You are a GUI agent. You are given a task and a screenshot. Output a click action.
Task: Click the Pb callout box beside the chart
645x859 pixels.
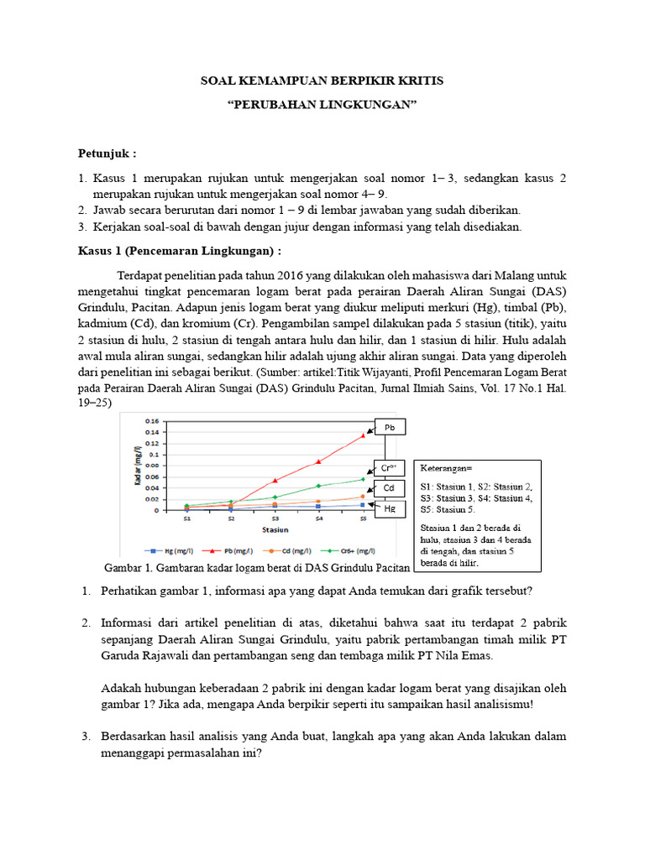click(x=389, y=428)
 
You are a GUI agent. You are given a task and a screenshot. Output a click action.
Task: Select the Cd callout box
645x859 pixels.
click(x=389, y=488)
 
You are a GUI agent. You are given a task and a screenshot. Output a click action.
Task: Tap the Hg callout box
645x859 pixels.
click(x=389, y=508)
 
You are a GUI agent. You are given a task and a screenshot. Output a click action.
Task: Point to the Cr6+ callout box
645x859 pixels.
click(x=389, y=468)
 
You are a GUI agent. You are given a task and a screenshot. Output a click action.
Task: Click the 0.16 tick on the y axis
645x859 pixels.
click(x=152, y=420)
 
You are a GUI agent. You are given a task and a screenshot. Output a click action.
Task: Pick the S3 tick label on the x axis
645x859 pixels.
click(x=275, y=520)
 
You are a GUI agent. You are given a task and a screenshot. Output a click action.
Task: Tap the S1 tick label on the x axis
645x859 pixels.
click(x=186, y=520)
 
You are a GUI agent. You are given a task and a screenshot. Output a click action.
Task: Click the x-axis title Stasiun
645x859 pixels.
click(x=275, y=530)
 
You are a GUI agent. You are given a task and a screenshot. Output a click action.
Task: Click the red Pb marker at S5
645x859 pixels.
click(x=363, y=435)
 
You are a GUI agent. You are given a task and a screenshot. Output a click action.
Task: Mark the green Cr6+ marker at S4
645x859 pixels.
click(x=318, y=486)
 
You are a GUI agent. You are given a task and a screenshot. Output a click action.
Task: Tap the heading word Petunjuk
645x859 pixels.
click(x=107, y=154)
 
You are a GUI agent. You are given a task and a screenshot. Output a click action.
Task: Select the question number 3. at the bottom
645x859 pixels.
click(x=86, y=736)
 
